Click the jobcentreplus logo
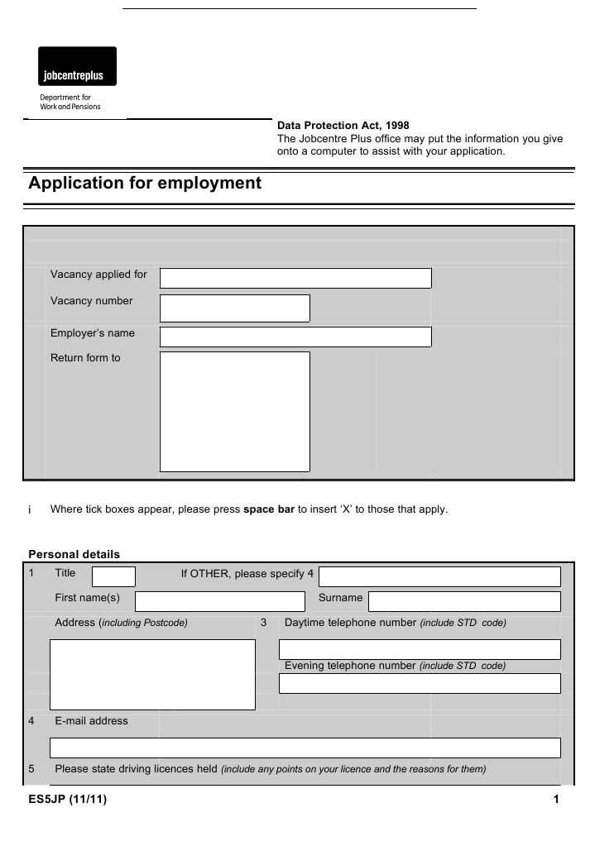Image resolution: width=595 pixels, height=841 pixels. pyautogui.click(x=77, y=67)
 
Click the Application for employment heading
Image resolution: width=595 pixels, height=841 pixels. pyautogui.click(x=145, y=184)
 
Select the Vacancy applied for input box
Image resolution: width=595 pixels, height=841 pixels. pyautogui.click(x=295, y=278)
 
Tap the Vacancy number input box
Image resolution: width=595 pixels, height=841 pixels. pyautogui.click(x=234, y=308)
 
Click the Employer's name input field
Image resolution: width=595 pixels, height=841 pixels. pyautogui.click(x=295, y=337)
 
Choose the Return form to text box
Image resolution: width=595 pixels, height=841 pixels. pyautogui.click(x=234, y=411)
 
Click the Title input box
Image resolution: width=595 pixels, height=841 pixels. pyautogui.click(x=113, y=576)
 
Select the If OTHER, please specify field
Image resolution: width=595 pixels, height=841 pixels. pyautogui.click(x=439, y=576)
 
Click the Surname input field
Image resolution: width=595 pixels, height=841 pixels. pyautogui.click(x=464, y=601)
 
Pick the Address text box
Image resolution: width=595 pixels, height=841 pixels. pyautogui.click(x=152, y=674)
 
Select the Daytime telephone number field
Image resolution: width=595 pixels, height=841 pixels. pyautogui.click(x=420, y=649)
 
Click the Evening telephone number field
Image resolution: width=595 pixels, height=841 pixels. pyautogui.click(x=420, y=683)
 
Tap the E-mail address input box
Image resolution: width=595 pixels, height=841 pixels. pyautogui.click(x=305, y=748)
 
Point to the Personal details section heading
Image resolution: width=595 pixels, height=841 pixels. pyautogui.click(x=74, y=554)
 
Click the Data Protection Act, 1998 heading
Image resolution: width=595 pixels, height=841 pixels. pyautogui.click(x=343, y=126)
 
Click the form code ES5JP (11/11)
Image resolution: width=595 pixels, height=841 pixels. pyautogui.click(x=67, y=800)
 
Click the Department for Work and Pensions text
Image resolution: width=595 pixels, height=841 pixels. pyautogui.click(x=70, y=102)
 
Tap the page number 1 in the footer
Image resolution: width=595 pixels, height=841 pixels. pyautogui.click(x=557, y=800)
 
